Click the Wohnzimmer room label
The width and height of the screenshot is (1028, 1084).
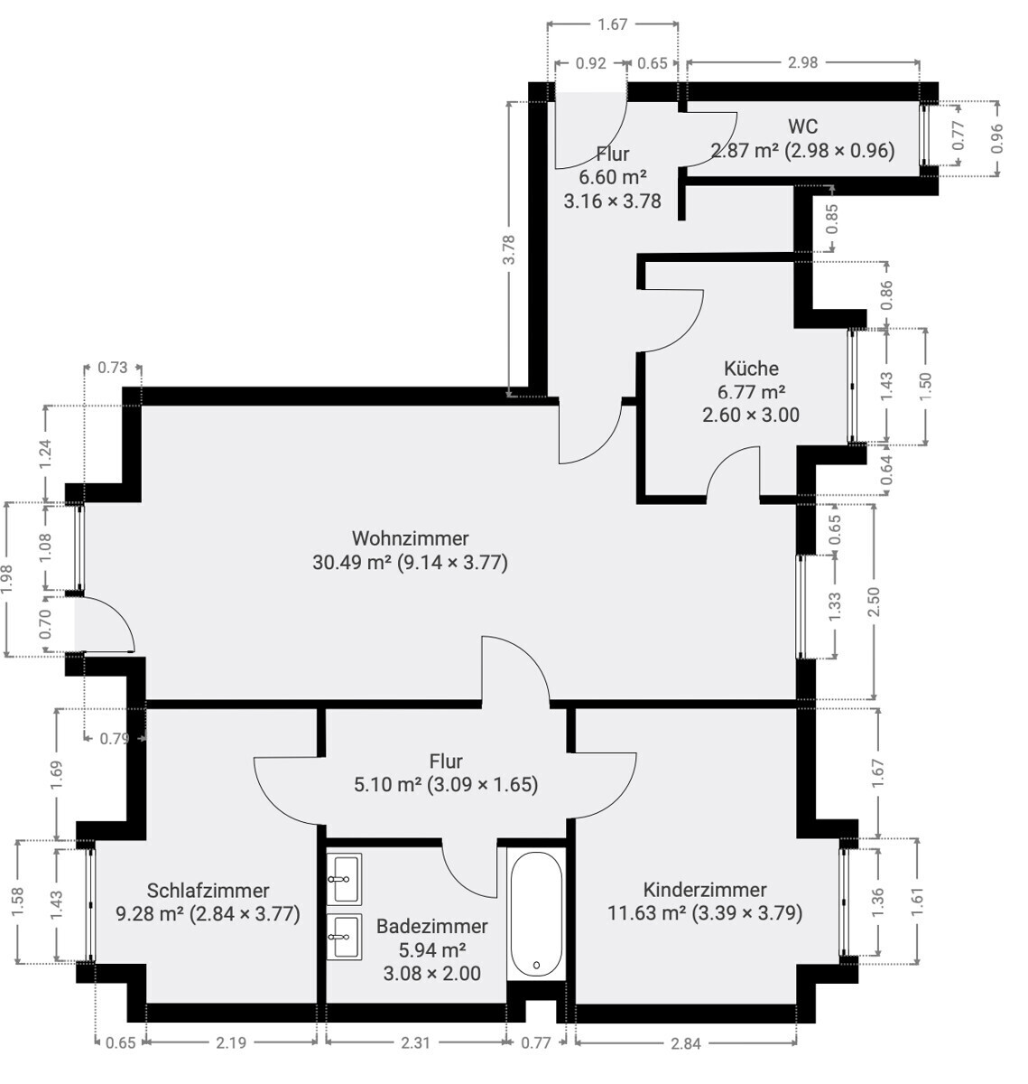point(410,537)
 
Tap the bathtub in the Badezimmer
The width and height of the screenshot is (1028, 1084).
point(536,915)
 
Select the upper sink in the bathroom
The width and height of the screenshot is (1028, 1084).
point(344,878)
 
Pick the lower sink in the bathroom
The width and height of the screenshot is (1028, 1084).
point(344,936)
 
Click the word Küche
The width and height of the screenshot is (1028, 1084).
point(751,368)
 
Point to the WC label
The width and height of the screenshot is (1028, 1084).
point(802,126)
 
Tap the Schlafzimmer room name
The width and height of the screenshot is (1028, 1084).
point(208,891)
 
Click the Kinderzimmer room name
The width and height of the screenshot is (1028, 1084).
point(705,890)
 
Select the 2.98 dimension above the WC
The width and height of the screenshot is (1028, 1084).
point(802,63)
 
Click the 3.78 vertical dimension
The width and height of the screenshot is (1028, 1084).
point(509,249)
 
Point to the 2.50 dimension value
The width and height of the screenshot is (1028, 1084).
point(873,603)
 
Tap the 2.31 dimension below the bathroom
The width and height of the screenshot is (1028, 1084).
point(415,1042)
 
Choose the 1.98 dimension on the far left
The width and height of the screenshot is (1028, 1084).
point(7,580)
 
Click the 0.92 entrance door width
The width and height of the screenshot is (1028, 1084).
point(590,63)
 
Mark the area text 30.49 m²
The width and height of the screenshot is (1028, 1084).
point(352,563)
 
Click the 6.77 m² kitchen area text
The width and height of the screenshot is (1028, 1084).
point(751,391)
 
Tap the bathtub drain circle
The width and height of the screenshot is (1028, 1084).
point(537,965)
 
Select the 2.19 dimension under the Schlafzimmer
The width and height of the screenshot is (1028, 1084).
point(231,1042)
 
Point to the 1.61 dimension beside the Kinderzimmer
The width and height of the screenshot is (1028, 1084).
point(917,901)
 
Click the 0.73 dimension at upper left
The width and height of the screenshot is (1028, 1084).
point(113,368)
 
